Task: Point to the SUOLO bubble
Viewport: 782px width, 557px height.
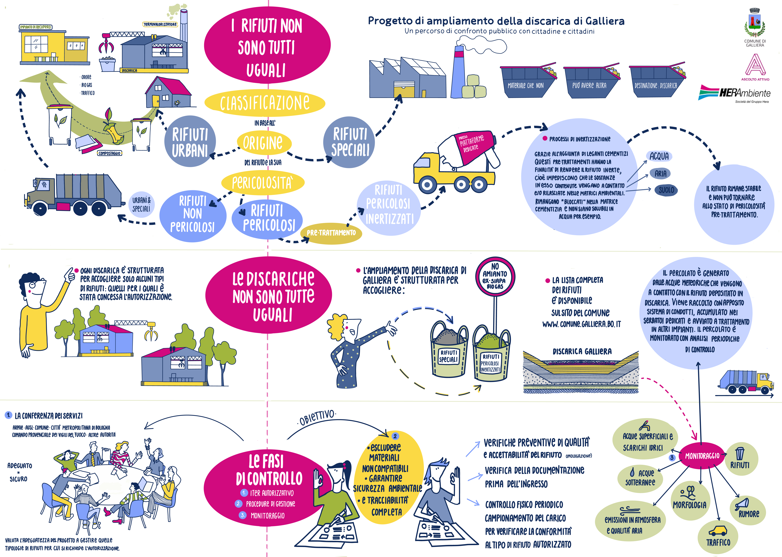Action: coord(666,190)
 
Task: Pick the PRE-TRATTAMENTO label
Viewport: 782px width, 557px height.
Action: coord(331,233)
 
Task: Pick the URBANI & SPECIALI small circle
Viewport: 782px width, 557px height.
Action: coord(141,205)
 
